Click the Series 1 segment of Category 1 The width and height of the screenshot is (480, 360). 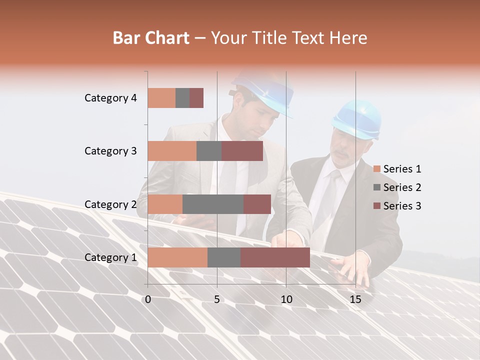click(177, 257)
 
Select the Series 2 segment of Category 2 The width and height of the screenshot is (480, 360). click(213, 204)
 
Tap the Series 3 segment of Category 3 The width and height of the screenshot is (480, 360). click(242, 151)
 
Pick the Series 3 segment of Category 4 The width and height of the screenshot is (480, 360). click(196, 98)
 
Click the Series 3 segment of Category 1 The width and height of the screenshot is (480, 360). click(275, 257)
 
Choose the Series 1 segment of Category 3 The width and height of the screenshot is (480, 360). click(172, 151)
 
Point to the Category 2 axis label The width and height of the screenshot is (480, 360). click(110, 204)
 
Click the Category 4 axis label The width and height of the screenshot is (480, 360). click(110, 98)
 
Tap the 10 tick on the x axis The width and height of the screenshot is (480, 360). click(286, 299)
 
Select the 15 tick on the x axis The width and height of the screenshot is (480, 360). click(355, 299)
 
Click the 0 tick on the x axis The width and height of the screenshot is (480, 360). click(148, 299)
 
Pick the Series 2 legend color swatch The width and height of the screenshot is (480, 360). click(377, 187)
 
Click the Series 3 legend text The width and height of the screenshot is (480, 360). click(402, 206)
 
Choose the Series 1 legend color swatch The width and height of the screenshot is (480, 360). click(377, 169)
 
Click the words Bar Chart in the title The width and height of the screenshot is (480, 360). click(151, 37)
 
